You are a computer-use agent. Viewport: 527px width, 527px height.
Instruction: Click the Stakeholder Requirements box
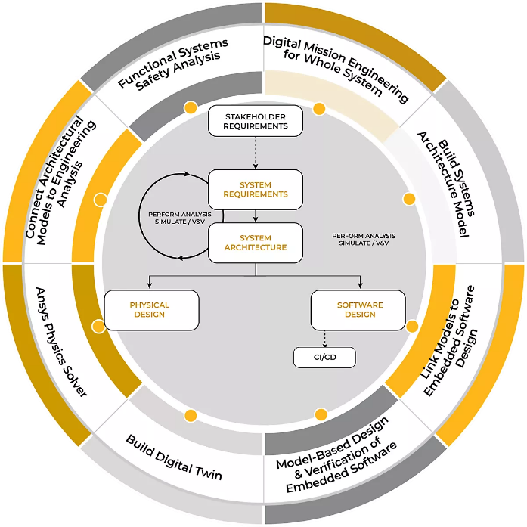coord(255,121)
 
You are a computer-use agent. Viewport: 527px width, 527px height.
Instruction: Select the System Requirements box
coord(255,189)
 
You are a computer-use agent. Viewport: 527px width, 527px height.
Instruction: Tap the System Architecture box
coord(255,243)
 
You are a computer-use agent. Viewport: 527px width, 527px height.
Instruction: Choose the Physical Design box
coord(151,310)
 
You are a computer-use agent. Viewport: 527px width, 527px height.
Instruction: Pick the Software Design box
coord(359,310)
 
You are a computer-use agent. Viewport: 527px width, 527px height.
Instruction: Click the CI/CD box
coord(324,357)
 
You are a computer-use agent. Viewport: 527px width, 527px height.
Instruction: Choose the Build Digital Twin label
coord(175,457)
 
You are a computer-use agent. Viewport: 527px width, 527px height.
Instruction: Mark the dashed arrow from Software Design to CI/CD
coord(324,338)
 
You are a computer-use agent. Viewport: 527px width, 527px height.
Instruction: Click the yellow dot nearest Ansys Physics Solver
coord(98,327)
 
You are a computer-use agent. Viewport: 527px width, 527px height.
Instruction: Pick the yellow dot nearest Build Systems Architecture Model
coord(409,199)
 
